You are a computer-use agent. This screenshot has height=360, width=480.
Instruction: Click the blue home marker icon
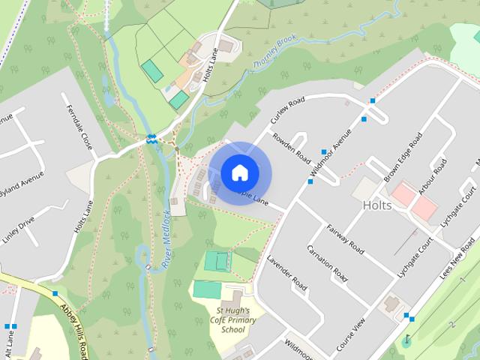coord(239,173)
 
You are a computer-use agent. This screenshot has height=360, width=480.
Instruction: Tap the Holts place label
coord(376,205)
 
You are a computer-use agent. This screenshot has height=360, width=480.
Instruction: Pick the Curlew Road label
coord(288,112)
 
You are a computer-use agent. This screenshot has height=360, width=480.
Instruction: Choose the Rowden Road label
coord(292,148)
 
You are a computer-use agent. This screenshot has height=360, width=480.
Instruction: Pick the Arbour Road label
coord(433,177)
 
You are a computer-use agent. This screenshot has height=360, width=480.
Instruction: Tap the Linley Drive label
coord(18,229)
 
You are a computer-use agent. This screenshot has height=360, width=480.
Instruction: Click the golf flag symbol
coord(407,340)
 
